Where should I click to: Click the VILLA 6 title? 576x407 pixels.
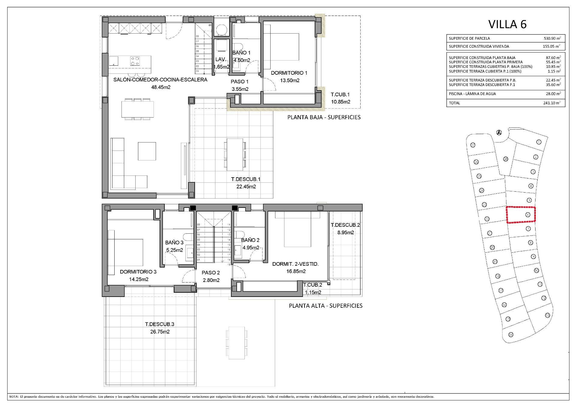[x=507, y=24]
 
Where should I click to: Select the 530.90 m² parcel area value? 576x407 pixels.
[x=552, y=38]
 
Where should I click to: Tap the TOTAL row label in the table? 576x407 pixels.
[x=454, y=103]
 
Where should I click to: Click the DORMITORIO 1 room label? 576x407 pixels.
[x=289, y=73]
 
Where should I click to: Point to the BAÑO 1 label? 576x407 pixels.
[x=241, y=53]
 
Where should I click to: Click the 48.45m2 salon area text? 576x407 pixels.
[x=160, y=87]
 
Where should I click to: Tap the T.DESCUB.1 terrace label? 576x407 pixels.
[x=246, y=179]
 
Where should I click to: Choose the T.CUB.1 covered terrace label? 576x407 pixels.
[x=340, y=94]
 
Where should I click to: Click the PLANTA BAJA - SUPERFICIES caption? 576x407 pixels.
[x=324, y=117]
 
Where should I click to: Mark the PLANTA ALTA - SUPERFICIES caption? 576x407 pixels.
[x=325, y=306]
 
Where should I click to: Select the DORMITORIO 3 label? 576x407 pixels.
[x=138, y=272]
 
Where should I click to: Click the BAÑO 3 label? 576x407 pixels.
[x=174, y=243]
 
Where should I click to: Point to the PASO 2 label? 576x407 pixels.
[x=211, y=273]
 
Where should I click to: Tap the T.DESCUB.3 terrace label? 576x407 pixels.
[x=160, y=324]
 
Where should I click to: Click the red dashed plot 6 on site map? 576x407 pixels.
[x=521, y=215]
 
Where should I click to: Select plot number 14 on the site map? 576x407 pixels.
[x=511, y=335]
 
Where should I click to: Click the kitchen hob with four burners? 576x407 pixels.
[x=135, y=61]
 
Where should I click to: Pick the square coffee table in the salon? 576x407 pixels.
[x=147, y=151]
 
